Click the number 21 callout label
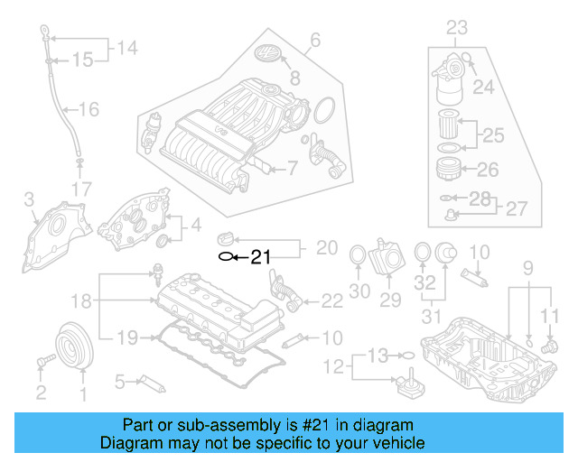point(260,257)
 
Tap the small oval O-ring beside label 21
point(225,257)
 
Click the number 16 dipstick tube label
point(89,110)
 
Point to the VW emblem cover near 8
point(269,54)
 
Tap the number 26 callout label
point(487,169)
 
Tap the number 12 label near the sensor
point(336,366)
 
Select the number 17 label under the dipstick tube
point(81,189)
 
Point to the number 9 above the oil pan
point(529,267)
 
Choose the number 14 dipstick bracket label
point(127,48)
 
